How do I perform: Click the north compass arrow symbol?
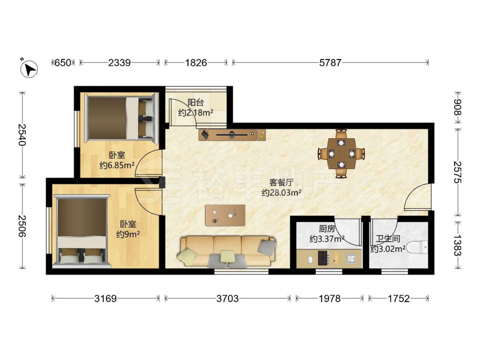click(x=29, y=68)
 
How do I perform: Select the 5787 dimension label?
click(x=330, y=63)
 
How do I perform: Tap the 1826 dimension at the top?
click(x=196, y=63)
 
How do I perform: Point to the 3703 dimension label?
click(x=228, y=298)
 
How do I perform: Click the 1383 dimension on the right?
click(x=457, y=245)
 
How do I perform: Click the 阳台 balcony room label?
click(x=196, y=102)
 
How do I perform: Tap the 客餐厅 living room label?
click(x=281, y=183)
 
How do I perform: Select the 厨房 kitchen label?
click(x=327, y=228)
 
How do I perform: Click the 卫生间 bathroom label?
click(x=388, y=239)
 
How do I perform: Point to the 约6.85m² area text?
click(x=117, y=166)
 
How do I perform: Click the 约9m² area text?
click(x=128, y=234)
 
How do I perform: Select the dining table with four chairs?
click(x=341, y=154)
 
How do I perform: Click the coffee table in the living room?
click(x=225, y=215)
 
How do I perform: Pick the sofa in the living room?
click(x=227, y=252)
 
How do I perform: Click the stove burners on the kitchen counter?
click(x=324, y=258)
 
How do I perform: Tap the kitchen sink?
click(x=351, y=259)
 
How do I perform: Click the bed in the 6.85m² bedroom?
click(x=120, y=118)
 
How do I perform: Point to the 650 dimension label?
click(x=63, y=63)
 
